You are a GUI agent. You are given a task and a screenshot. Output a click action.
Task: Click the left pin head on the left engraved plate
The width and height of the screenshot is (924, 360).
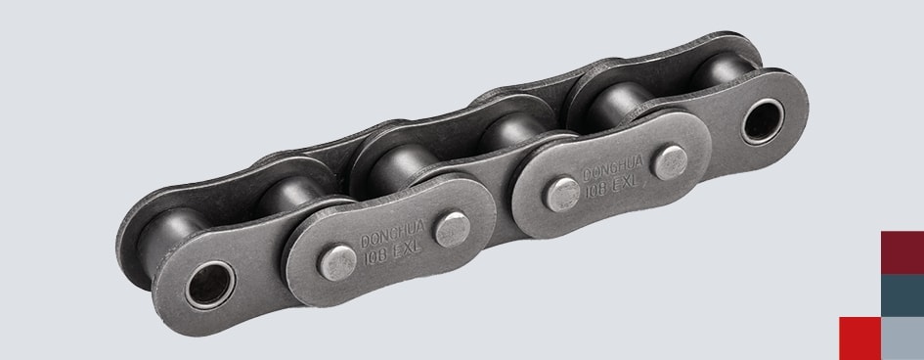337,262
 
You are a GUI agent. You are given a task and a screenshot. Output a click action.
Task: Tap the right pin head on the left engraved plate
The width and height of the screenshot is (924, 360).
452,229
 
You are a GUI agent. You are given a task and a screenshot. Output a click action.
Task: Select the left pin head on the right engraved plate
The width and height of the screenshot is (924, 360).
561,195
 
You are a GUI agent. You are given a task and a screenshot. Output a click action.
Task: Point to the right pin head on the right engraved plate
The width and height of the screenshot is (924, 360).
670,162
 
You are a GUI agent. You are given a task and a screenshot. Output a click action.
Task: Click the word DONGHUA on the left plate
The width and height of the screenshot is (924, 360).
392,234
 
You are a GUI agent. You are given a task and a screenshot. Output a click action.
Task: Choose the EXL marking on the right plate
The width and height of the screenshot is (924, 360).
627,180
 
